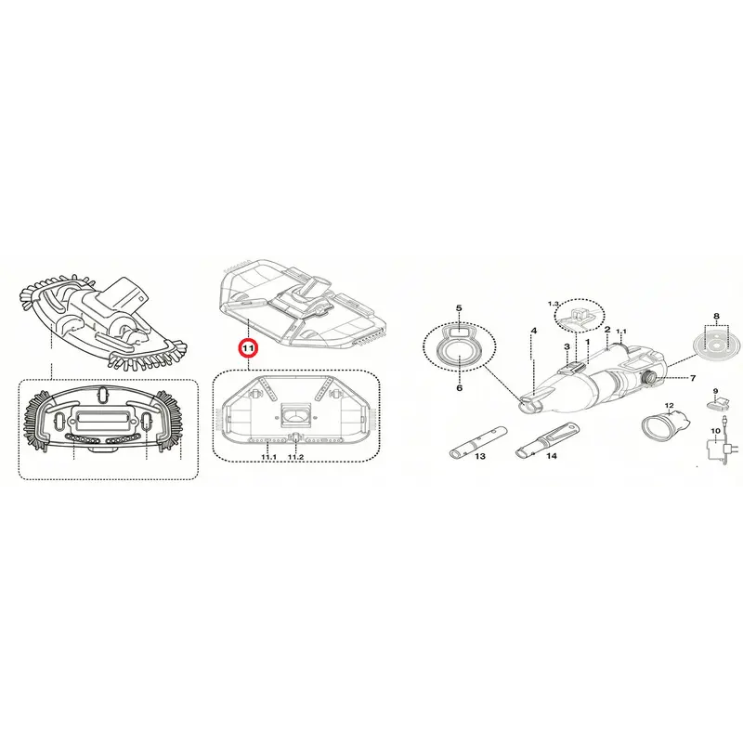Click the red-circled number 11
[249, 347]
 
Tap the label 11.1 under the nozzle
[268, 456]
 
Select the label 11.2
[295, 456]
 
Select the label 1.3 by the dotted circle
[554, 304]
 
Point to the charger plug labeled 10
[716, 448]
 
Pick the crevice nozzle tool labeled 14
[547, 439]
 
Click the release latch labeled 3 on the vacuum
[573, 368]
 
